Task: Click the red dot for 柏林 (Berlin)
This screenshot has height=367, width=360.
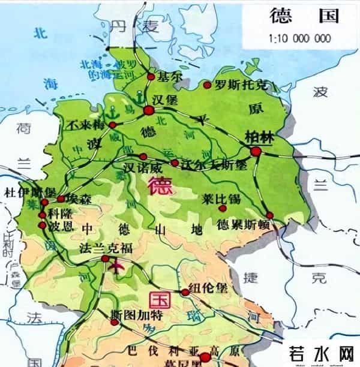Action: tap(256, 151)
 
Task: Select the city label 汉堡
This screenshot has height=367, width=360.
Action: tap(166, 98)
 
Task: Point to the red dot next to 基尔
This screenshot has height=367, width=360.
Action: tap(151, 76)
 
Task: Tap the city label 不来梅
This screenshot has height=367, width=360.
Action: tap(86, 124)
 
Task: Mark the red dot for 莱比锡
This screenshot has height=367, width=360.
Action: tap(223, 208)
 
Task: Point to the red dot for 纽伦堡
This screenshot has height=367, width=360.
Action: tap(185, 292)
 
